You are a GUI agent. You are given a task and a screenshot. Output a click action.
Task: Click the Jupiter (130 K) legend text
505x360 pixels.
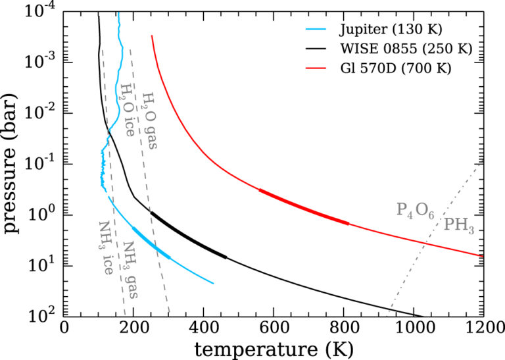point(391,30)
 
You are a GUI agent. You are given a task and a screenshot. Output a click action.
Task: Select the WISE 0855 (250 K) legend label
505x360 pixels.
point(406,49)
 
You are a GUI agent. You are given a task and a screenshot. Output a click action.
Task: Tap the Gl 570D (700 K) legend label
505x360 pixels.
point(395,68)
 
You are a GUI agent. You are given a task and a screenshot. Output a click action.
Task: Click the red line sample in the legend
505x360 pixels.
point(316,68)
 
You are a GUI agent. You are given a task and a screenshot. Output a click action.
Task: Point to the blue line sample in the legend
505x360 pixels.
point(316,30)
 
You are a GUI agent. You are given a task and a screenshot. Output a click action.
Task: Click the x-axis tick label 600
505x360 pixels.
point(273,328)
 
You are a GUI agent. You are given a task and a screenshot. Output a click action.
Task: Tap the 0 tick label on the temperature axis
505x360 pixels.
point(64,328)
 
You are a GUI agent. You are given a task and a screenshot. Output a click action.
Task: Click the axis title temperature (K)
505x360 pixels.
point(274,349)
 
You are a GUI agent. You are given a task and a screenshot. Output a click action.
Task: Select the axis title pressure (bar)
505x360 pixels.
point(10,164)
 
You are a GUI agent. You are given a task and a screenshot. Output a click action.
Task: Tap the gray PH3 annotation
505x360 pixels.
point(459,225)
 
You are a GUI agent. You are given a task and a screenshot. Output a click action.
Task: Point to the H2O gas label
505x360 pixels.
point(150,120)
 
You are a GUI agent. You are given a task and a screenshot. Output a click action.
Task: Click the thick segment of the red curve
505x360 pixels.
point(303,206)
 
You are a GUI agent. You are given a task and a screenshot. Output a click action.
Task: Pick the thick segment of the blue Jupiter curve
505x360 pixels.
point(151,244)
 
